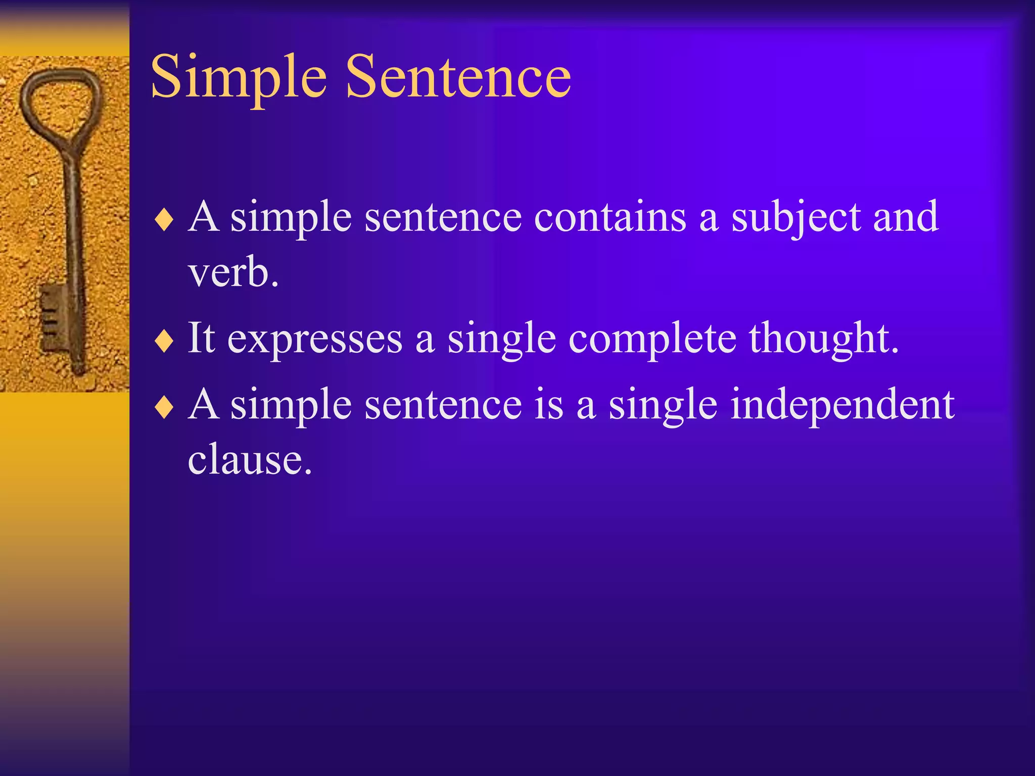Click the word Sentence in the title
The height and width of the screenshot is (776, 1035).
(x=458, y=77)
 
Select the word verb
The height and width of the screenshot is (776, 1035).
(x=233, y=273)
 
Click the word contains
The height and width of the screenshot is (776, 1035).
(x=610, y=217)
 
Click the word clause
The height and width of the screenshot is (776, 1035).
(x=249, y=460)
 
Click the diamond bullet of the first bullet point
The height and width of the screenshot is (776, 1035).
(x=164, y=220)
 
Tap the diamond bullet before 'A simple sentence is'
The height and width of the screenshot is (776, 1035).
(x=164, y=408)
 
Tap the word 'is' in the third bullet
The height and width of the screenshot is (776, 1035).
(x=548, y=405)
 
